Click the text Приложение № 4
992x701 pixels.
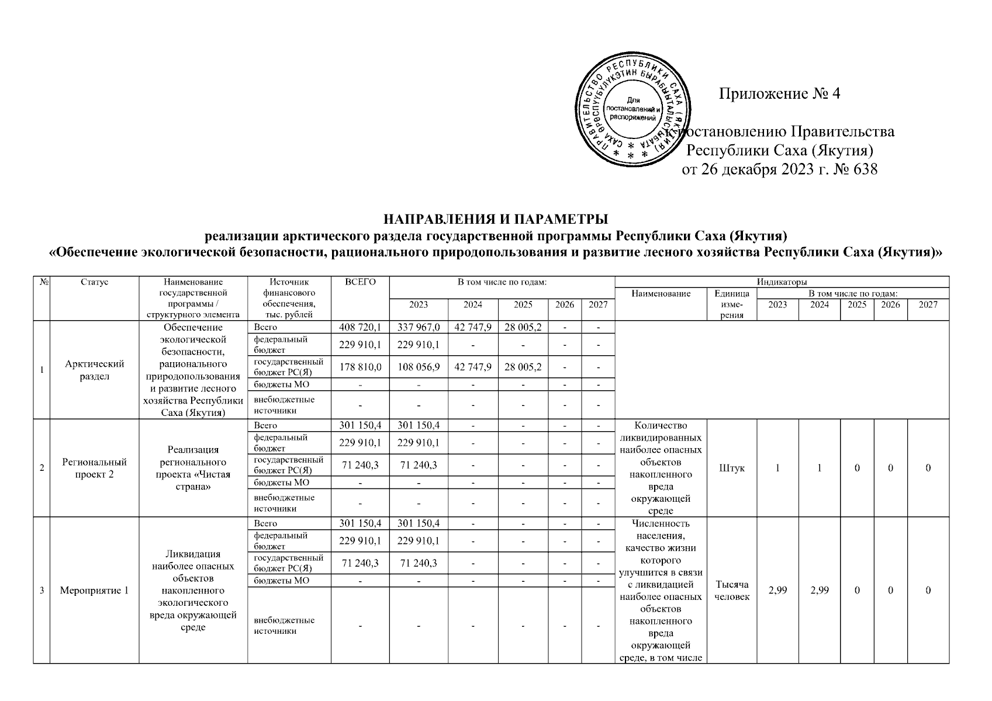[779, 93]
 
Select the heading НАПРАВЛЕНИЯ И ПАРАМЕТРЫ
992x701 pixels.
[496, 220]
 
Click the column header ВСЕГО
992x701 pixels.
[360, 282]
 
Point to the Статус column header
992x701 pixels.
[95, 282]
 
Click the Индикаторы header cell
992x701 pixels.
[782, 282]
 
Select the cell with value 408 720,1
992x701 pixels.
[360, 327]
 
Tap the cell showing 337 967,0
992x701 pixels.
[419, 327]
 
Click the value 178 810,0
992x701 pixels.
[360, 367]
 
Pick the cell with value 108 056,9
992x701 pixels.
[419, 367]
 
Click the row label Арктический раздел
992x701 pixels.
[95, 370]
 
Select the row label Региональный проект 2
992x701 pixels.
[95, 468]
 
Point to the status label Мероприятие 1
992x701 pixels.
[95, 591]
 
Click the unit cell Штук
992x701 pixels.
[731, 468]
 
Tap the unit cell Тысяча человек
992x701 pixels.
[731, 591]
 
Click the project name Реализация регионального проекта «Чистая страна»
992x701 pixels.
[193, 468]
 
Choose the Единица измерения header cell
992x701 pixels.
[731, 304]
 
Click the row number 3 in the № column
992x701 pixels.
[42, 591]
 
